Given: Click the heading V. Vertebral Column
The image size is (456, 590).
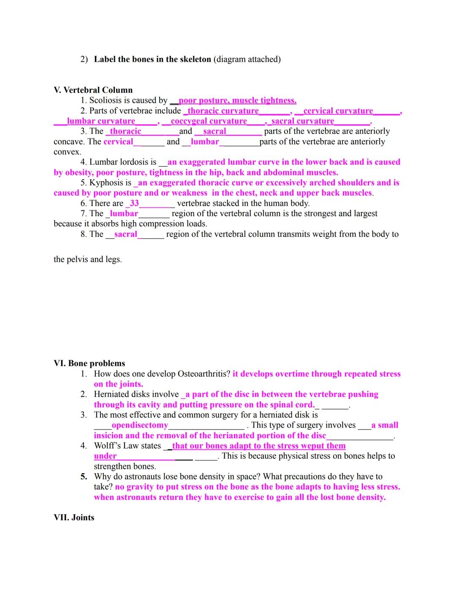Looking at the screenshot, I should (93, 90).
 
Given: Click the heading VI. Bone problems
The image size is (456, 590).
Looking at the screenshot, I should (90, 363).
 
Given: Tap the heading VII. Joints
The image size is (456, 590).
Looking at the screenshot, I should (74, 517).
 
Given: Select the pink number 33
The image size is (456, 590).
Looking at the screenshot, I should (134, 203).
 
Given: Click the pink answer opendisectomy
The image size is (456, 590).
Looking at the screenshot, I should (140, 425).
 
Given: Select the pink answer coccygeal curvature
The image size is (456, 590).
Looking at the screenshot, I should (209, 121).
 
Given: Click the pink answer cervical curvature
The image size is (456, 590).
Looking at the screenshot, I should (338, 111).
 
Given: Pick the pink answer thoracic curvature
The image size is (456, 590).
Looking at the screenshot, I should (223, 111).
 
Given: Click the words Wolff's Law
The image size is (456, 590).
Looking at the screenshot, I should (128, 446).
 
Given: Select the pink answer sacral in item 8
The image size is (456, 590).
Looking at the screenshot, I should (126, 234).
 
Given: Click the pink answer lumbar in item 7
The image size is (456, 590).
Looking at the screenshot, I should (124, 214).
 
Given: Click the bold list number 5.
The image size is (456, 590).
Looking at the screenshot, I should (84, 476).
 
